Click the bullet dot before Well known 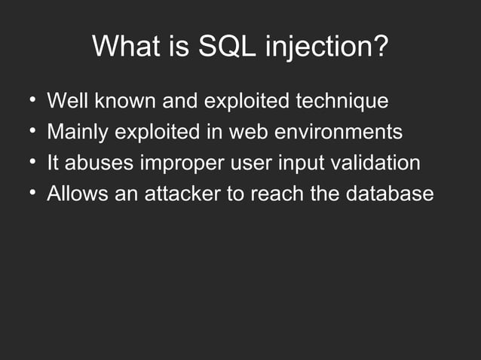[x=32, y=100]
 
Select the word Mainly [x=78, y=132]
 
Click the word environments [x=339, y=132]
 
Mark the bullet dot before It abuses [x=32, y=162]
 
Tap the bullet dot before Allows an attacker [x=32, y=193]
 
